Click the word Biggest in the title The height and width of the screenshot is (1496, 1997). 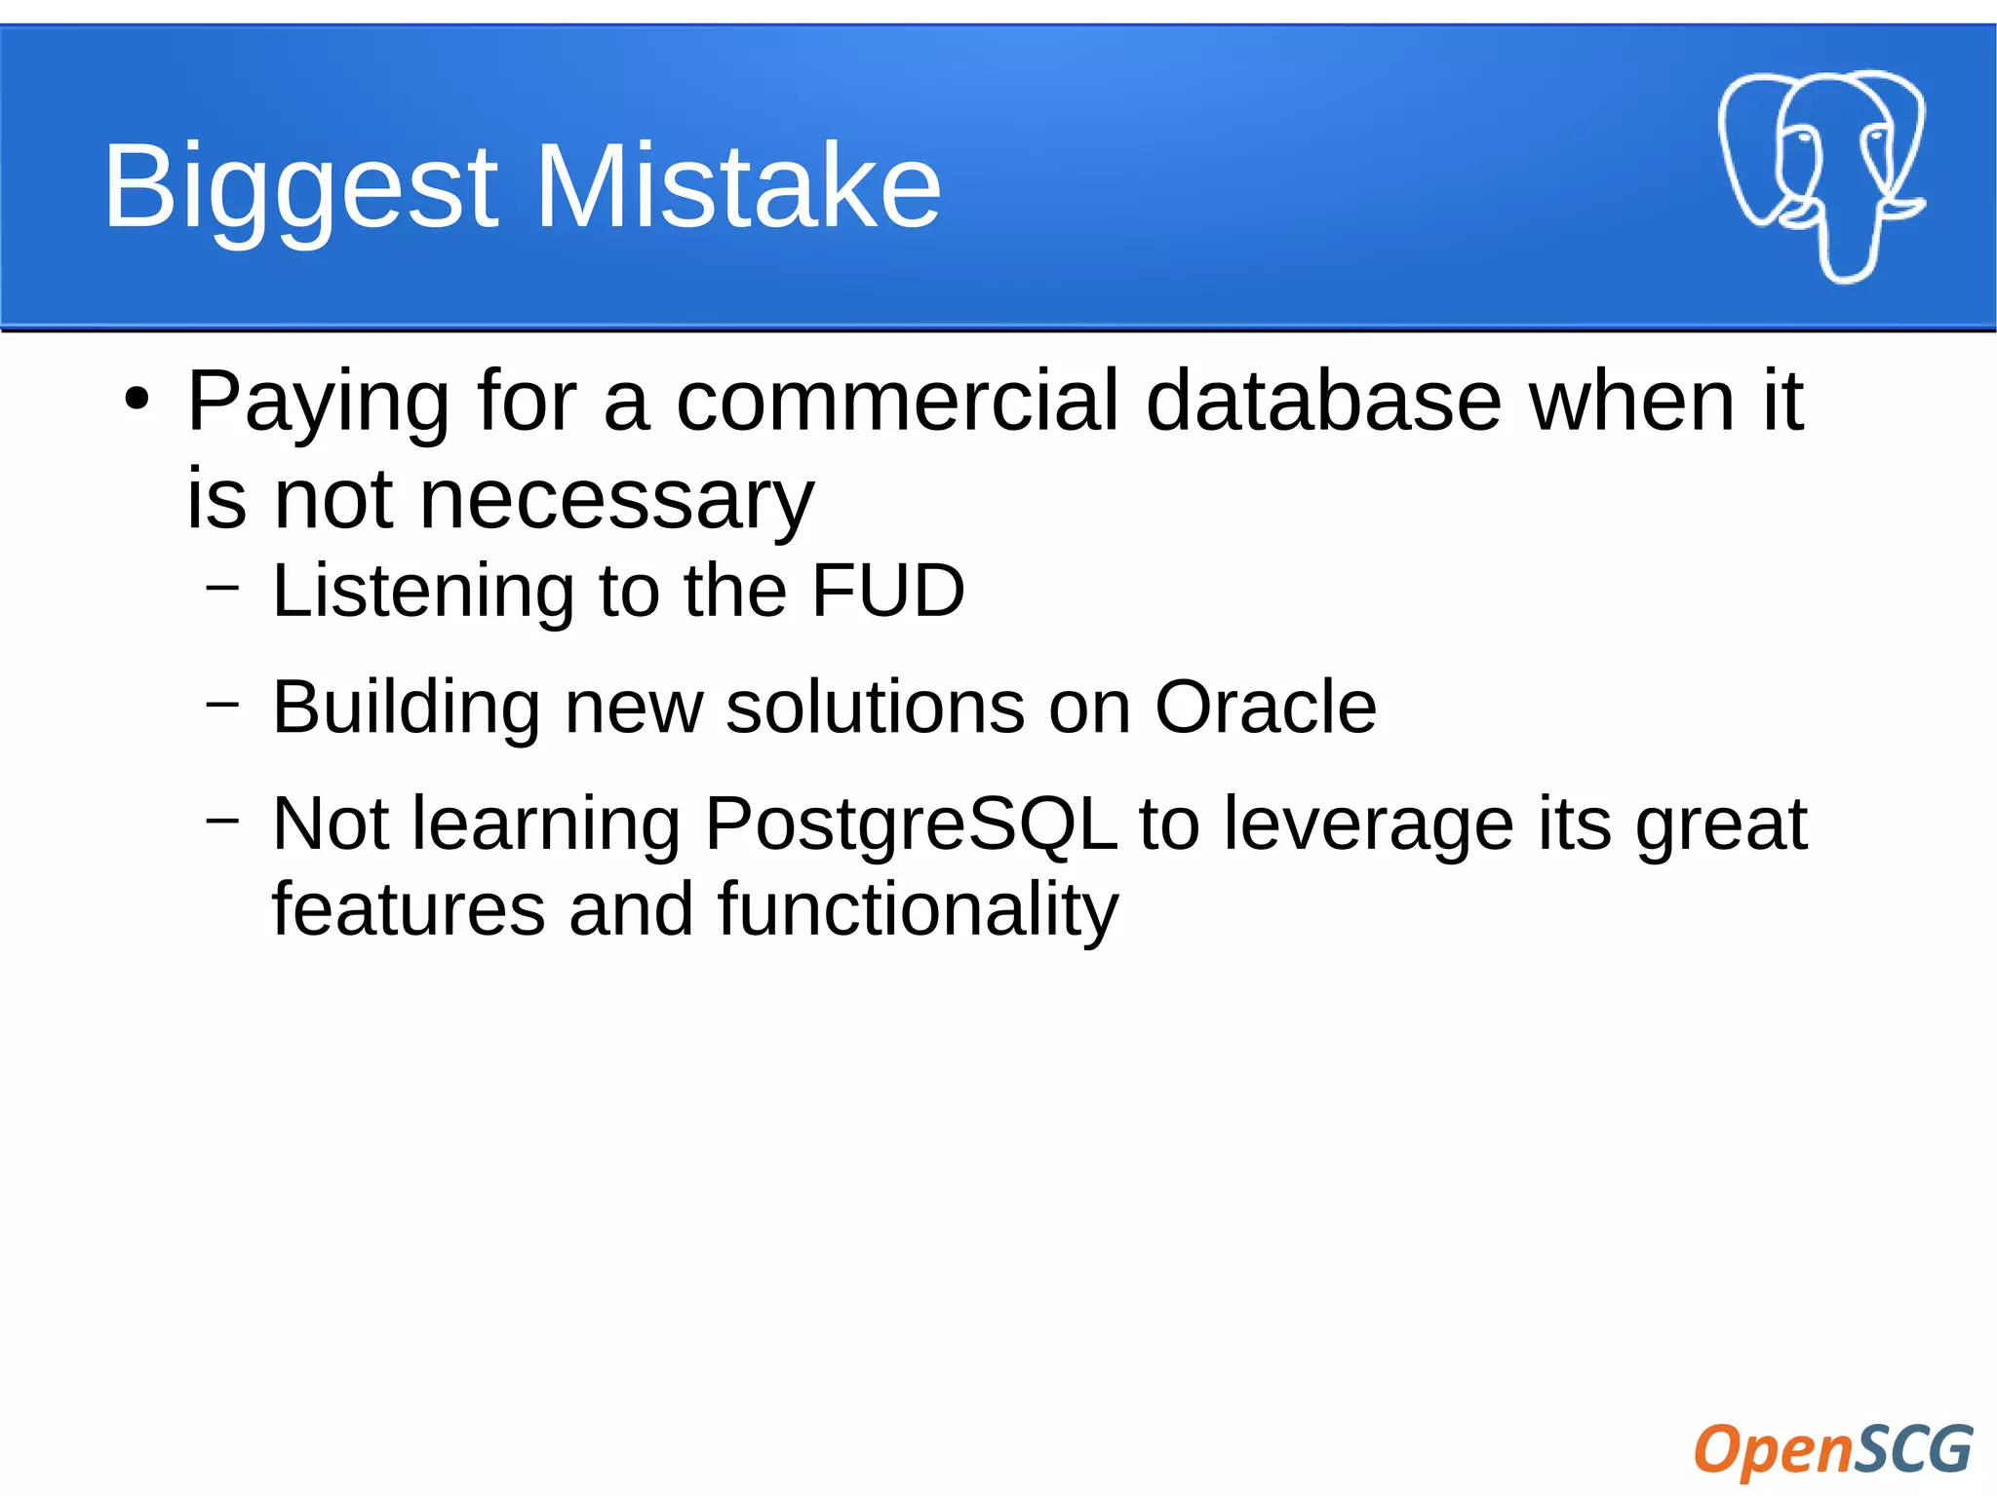(300, 187)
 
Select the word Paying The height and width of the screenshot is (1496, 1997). (318, 403)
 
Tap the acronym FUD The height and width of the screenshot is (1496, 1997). (887, 591)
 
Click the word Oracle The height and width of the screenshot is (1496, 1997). (1265, 707)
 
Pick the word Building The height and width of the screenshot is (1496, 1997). (406, 708)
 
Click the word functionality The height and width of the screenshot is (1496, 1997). (918, 910)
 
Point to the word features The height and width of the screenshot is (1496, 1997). (408, 910)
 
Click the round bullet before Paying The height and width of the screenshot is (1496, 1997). (137, 400)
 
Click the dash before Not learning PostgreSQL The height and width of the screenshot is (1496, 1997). (222, 820)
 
